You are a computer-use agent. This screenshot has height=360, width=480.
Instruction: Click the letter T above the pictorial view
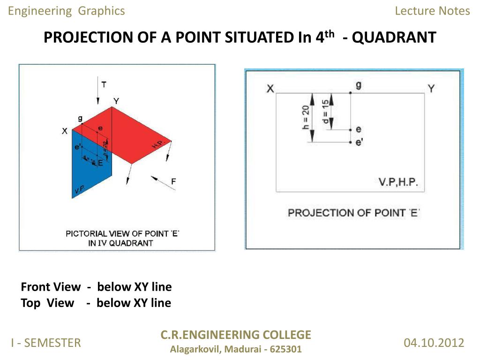(x=104, y=84)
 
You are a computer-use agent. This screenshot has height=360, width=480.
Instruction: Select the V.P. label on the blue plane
(x=79, y=190)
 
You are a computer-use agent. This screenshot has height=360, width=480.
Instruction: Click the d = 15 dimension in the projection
(x=325, y=111)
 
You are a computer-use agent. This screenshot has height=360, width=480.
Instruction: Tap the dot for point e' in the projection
(x=350, y=141)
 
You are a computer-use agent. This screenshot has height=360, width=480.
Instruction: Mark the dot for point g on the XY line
(x=350, y=93)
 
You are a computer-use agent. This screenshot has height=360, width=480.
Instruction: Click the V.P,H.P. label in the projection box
(x=398, y=182)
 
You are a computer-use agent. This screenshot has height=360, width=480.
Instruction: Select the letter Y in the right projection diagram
(x=431, y=88)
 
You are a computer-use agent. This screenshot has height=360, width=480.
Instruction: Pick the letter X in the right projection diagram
(x=270, y=89)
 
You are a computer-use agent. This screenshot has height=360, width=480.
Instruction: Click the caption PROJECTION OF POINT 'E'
(x=353, y=213)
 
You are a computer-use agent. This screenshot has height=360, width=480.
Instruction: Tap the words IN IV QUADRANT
(x=120, y=243)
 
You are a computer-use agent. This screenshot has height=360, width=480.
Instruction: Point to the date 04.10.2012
(x=434, y=343)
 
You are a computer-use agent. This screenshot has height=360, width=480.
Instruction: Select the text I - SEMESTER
(x=46, y=343)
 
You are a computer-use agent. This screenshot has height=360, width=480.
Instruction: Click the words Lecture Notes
(x=432, y=11)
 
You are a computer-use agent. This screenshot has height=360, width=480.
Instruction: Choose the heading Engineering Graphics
(x=67, y=11)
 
